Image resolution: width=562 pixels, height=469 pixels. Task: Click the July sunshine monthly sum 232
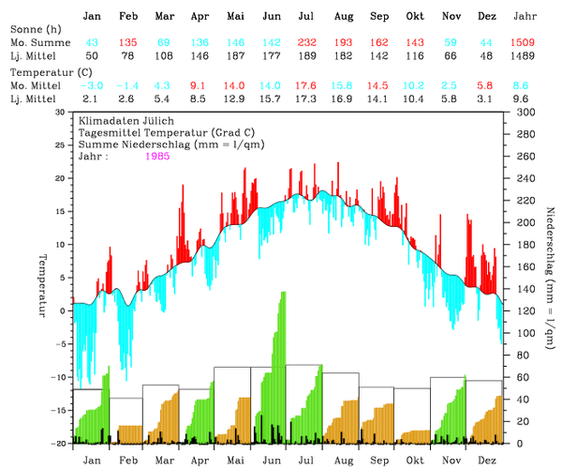[306, 43]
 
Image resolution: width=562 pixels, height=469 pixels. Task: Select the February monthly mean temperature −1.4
[128, 85]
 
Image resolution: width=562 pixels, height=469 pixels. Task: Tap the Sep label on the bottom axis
[378, 461]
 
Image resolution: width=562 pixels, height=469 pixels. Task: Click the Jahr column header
[525, 17]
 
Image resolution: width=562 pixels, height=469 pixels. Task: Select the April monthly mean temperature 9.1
[200, 85]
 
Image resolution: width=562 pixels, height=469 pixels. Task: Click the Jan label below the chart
[92, 461]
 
